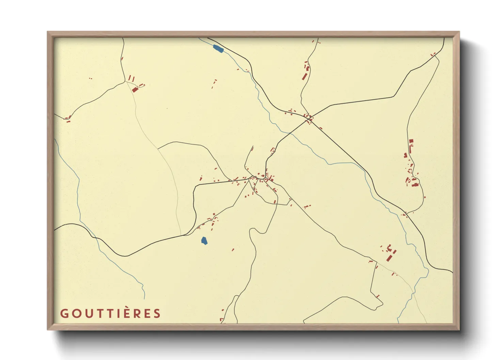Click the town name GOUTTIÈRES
coord(110,313)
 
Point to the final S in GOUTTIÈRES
coord(157,313)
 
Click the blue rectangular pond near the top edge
coord(218,49)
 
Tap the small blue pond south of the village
coord(204,241)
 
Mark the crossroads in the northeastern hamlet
coord(309,118)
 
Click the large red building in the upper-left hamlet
coord(135,89)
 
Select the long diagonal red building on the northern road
coord(304,76)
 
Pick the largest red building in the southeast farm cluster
coord(389,257)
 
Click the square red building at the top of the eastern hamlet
coord(411,141)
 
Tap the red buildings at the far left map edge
coord(68,119)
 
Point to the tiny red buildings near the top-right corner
coord(433,54)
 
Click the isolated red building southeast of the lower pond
coord(233,250)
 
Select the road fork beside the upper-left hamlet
coord(126,81)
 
